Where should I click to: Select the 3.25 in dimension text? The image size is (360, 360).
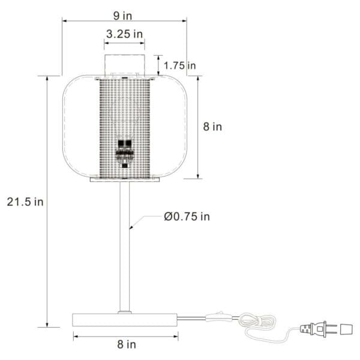(125, 34)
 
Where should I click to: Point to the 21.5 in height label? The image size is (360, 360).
(25, 202)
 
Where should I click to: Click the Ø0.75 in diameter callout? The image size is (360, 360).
(187, 217)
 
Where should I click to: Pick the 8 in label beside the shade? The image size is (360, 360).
(212, 127)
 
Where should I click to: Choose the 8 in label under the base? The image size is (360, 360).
(126, 344)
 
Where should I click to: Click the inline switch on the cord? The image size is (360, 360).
(218, 316)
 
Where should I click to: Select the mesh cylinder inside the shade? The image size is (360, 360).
(125, 114)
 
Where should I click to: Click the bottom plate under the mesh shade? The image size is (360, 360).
(125, 179)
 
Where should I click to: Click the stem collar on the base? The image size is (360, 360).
(125, 312)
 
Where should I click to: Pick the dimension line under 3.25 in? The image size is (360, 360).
(125, 43)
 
